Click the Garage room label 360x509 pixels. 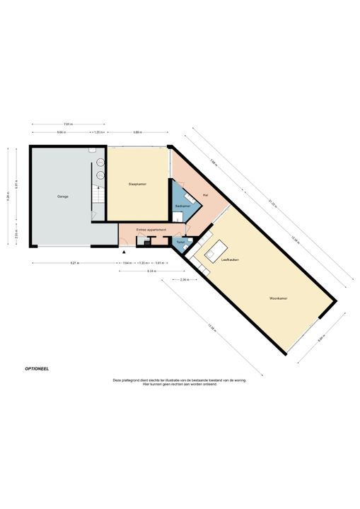coord(63,196)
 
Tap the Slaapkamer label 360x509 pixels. coord(137,184)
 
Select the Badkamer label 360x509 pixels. coord(182,206)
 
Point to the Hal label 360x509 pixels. coord(204,194)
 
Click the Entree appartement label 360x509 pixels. coord(151,230)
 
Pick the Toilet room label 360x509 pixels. coord(180,242)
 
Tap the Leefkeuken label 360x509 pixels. coord(229,260)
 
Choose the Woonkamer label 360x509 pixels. coord(278,298)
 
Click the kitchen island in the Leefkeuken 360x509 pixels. coord(216,250)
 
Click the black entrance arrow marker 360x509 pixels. coord(124,251)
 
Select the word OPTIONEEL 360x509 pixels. coord(37,368)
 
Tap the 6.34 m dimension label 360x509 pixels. coord(151,271)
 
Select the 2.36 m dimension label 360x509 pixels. coord(184,280)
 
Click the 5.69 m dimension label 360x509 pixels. coord(137,132)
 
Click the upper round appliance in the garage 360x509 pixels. coord(100,162)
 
